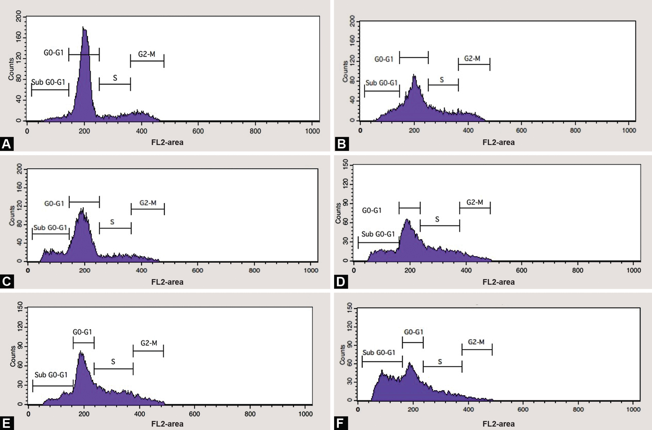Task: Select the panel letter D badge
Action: click(x=341, y=282)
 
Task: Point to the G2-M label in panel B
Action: click(x=472, y=58)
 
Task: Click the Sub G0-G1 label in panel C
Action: click(x=50, y=228)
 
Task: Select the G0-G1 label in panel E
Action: click(x=82, y=332)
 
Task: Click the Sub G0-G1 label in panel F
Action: click(x=379, y=352)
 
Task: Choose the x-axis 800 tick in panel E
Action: click(x=250, y=414)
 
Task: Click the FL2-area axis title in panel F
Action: click(x=498, y=424)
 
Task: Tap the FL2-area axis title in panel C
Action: click(x=167, y=282)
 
